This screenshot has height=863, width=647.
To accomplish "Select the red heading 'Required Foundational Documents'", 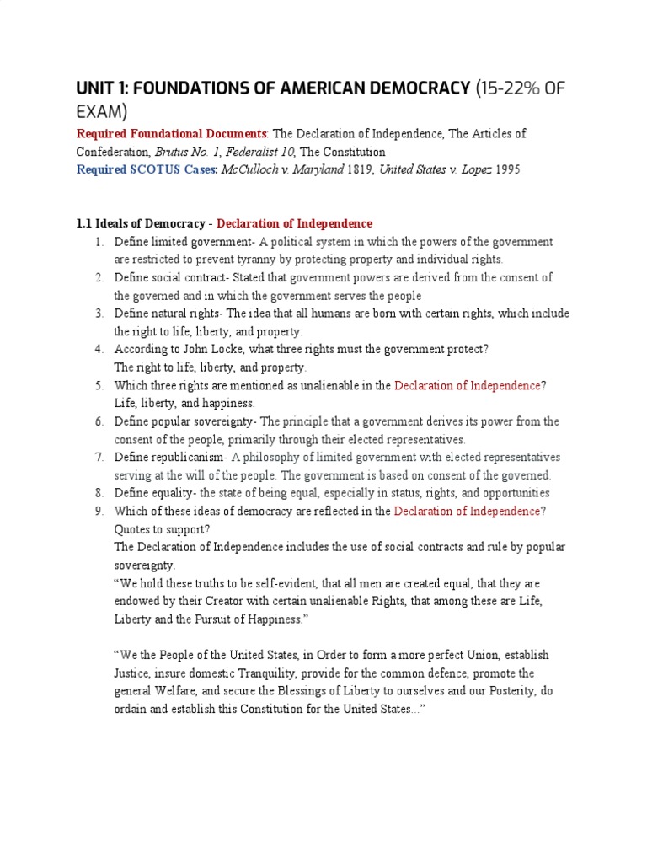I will (x=171, y=134).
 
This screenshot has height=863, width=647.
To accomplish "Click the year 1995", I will (x=506, y=169).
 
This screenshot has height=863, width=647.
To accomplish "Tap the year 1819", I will (x=360, y=169).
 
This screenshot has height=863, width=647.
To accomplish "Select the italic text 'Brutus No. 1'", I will (x=186, y=152).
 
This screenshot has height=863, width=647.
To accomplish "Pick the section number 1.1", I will (x=83, y=223).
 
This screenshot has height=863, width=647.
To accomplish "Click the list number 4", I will (x=99, y=349).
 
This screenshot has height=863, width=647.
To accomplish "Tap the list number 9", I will (x=99, y=511).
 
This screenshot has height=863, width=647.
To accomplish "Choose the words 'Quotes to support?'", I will (x=162, y=529).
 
